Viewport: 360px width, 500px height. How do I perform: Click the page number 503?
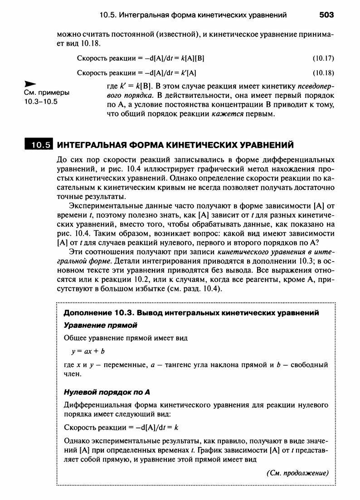pos(326,15)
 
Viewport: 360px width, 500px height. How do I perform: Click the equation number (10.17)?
pos(323,58)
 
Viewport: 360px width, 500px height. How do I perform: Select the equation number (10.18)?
pos(323,73)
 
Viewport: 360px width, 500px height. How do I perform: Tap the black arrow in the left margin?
pos(30,84)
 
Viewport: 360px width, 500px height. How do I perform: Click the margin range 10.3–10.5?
pos(41,101)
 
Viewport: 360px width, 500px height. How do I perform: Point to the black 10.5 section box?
pos(39,145)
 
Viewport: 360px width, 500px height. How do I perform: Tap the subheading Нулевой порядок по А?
pos(106,392)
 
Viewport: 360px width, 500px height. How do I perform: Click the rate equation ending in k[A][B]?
pos(141,58)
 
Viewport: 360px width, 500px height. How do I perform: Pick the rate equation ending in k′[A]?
pos(136,73)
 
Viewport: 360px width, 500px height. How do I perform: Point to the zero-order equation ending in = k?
pos(121,427)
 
